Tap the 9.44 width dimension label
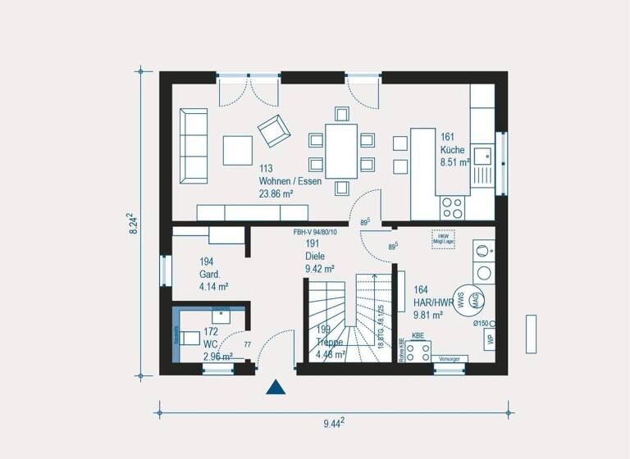pos(332,423)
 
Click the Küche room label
pos(452,150)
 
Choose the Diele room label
pos(316,256)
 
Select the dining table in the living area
pos(341,150)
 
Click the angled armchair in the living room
pos(273,129)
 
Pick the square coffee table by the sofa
pos(238,150)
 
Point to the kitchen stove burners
pos(452,206)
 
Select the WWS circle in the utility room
pos(460,300)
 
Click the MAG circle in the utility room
pos(474,300)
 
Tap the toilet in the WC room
pos(190,337)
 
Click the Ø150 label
pos(481,324)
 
